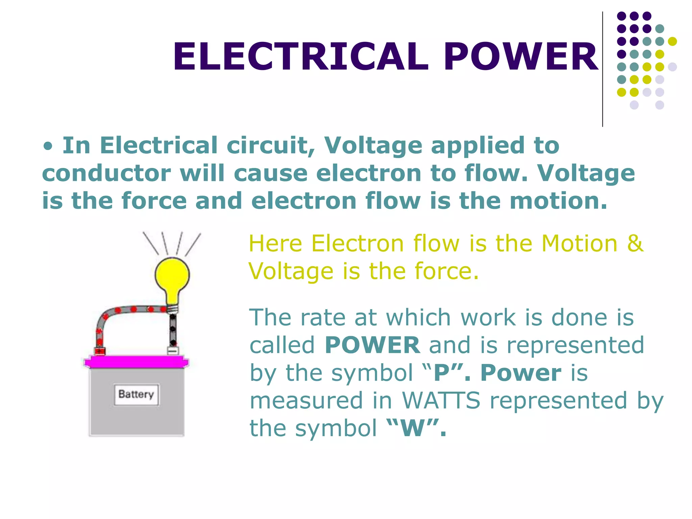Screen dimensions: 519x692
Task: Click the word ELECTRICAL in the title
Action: click(x=301, y=57)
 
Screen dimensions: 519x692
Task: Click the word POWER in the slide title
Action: click(x=521, y=57)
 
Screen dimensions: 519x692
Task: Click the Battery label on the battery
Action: click(x=137, y=394)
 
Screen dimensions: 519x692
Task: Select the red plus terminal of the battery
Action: click(x=99, y=351)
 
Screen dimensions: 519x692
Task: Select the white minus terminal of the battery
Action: click(x=173, y=351)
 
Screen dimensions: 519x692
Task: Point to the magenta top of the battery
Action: click(x=137, y=363)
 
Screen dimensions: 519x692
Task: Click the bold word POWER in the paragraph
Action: click(x=372, y=345)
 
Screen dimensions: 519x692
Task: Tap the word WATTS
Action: click(x=441, y=400)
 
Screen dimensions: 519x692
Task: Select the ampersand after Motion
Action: click(x=635, y=243)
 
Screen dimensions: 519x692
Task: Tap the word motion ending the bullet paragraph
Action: click(x=558, y=201)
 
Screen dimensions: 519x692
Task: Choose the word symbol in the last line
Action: click(x=336, y=428)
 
